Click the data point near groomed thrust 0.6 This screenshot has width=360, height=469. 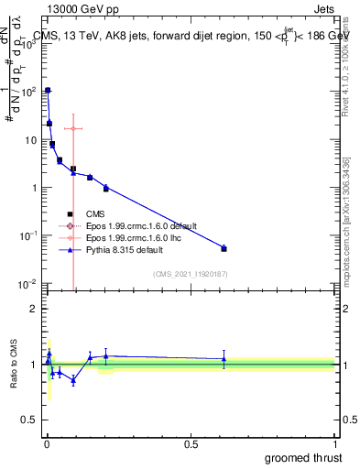pos(224,248)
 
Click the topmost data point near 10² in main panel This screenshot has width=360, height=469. pos(48,90)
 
